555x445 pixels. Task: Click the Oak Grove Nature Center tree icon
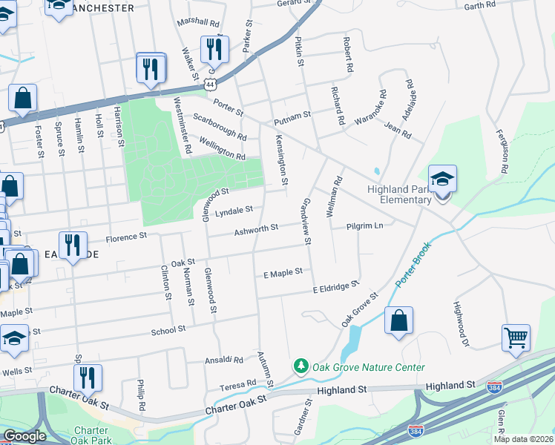[x=301, y=366]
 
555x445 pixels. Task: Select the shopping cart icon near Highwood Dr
[x=516, y=337]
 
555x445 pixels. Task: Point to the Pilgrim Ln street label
[x=364, y=225]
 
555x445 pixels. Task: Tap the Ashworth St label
[x=255, y=231]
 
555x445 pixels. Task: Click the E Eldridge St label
[x=335, y=286]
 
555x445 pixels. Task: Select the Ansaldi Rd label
[x=224, y=360]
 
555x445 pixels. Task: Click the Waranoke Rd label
[x=370, y=109]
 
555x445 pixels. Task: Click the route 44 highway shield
[x=212, y=76]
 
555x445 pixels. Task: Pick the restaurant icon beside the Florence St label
[x=73, y=245]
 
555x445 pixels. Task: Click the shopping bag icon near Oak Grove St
[x=398, y=321]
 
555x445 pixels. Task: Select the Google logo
[x=24, y=436]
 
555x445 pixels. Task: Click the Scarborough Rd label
[x=219, y=126]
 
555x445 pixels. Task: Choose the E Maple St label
[x=283, y=272]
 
